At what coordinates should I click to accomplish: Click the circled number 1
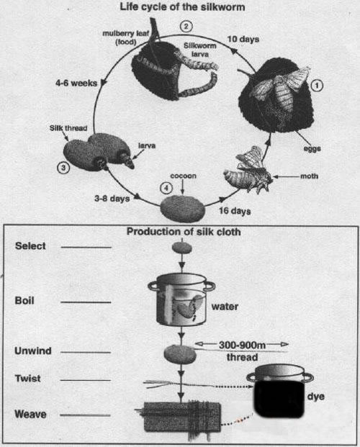317,86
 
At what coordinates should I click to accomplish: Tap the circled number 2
186,27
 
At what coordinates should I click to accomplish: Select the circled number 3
63,168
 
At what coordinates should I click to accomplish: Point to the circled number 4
166,188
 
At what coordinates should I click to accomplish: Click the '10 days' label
243,39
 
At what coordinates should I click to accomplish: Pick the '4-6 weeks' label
76,83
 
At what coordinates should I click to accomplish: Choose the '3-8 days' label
112,198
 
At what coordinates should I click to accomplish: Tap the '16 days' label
235,211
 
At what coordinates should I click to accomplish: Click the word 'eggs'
312,149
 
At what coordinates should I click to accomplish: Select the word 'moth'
309,176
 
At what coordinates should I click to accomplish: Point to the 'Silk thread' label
68,128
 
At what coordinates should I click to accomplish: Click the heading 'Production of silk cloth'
184,232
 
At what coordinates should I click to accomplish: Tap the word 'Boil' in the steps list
24,300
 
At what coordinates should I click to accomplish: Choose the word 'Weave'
30,414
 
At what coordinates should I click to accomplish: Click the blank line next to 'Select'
86,247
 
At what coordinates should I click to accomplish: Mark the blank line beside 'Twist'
86,380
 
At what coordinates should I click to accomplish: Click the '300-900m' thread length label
242,346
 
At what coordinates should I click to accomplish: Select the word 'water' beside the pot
225,307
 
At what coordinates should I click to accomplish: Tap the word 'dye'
316,397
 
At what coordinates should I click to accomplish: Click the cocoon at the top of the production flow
181,248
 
